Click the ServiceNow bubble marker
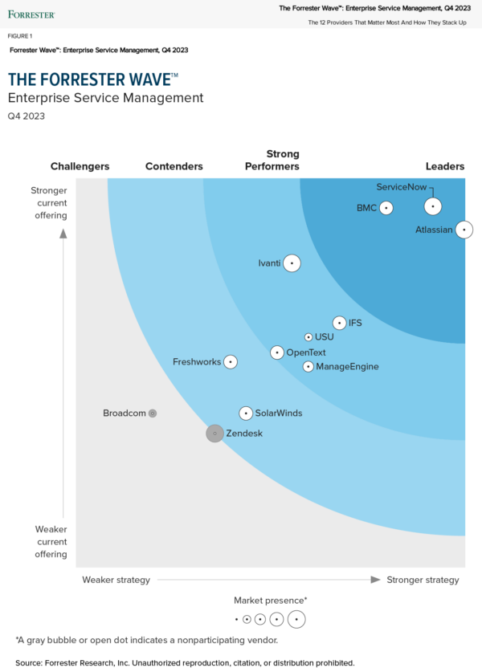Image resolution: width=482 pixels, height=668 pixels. click(x=433, y=206)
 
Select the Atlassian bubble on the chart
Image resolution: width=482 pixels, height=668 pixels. click(x=464, y=230)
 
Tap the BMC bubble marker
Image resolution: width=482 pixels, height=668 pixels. click(x=386, y=208)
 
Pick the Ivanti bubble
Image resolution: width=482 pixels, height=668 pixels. click(x=292, y=263)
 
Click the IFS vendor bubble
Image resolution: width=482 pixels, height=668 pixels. click(x=339, y=323)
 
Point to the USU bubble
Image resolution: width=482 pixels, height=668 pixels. click(x=308, y=337)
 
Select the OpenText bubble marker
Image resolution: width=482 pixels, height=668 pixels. click(x=277, y=352)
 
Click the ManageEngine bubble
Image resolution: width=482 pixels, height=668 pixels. click(x=308, y=367)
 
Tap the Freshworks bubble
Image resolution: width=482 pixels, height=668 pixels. click(x=231, y=362)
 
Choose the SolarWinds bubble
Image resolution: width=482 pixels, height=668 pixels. click(x=246, y=413)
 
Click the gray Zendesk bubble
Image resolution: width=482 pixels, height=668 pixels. click(x=214, y=434)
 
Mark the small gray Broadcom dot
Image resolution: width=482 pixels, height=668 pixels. click(x=153, y=413)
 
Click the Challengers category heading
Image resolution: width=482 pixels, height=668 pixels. click(x=80, y=166)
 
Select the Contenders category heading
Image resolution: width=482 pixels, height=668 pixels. click(x=174, y=166)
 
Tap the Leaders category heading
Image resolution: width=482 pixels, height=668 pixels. click(x=445, y=166)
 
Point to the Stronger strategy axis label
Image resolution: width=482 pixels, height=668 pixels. click(x=423, y=580)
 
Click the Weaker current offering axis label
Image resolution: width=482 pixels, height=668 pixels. click(x=51, y=541)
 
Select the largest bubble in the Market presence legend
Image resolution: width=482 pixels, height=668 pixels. click(x=296, y=619)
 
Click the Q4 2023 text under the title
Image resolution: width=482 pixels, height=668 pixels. click(x=27, y=116)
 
